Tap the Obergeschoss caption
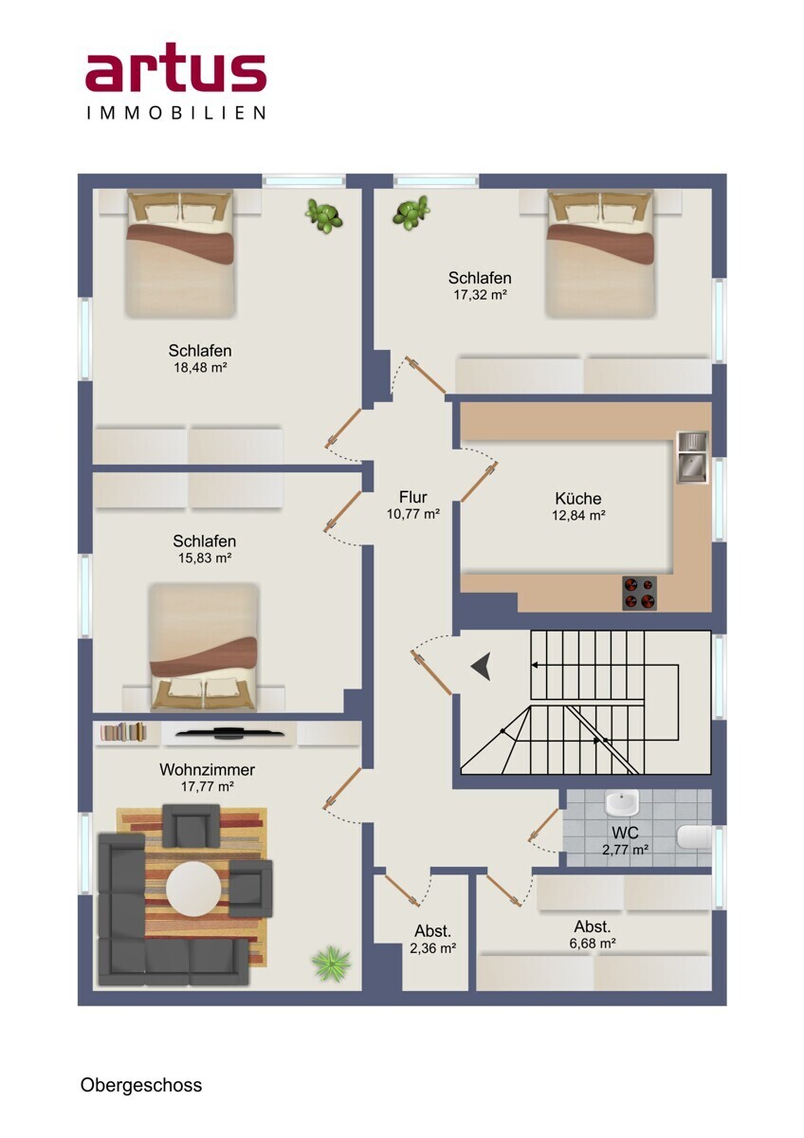(141, 1084)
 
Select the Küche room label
(578, 498)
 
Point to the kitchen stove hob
(639, 593)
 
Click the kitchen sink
(693, 457)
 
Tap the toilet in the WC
(694, 836)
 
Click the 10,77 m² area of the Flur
(413, 514)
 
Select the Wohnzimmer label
(208, 769)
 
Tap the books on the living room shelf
(123, 731)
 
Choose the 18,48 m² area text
(200, 367)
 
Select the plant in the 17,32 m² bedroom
(411, 213)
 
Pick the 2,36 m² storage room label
(432, 940)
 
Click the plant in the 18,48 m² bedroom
(323, 215)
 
